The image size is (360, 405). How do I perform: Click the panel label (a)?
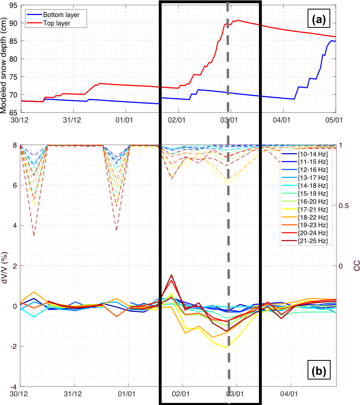click(x=319, y=19)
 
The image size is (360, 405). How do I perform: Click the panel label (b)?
click(x=319, y=371)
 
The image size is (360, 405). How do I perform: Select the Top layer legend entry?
click(x=58, y=23)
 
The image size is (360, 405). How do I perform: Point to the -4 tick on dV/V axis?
click(x=13, y=386)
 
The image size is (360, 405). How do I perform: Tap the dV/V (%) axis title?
click(x=5, y=266)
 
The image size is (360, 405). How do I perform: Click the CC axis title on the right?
click(x=356, y=266)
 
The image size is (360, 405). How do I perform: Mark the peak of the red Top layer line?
click(x=237, y=20)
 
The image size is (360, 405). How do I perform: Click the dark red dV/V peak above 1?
click(x=171, y=275)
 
